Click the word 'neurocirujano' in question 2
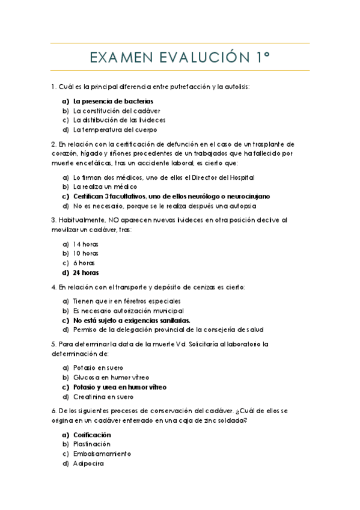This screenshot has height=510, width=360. tap(246, 196)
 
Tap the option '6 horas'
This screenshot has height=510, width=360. tap(84, 263)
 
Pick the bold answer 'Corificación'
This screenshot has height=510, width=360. tap(92, 434)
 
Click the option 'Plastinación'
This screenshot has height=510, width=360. tap(92, 444)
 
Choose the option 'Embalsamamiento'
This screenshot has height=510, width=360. tap(102, 453)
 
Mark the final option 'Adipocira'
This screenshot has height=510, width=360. tap(88, 463)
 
